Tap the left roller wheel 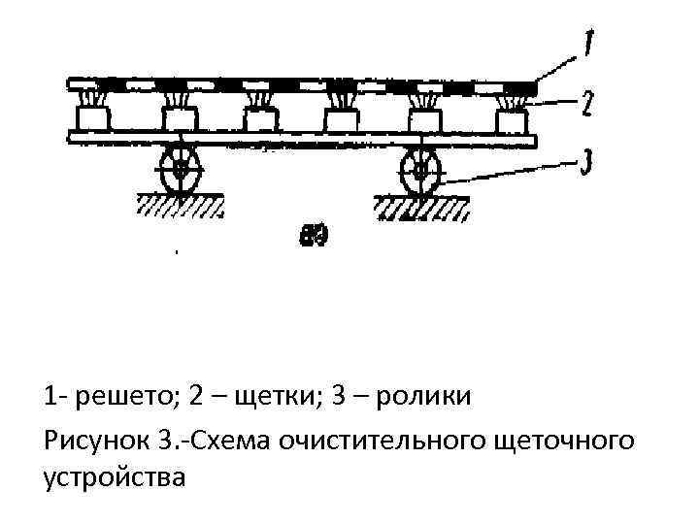point(180,170)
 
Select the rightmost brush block point(512,119)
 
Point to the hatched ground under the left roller point(181,205)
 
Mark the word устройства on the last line point(114,477)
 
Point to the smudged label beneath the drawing point(313,235)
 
